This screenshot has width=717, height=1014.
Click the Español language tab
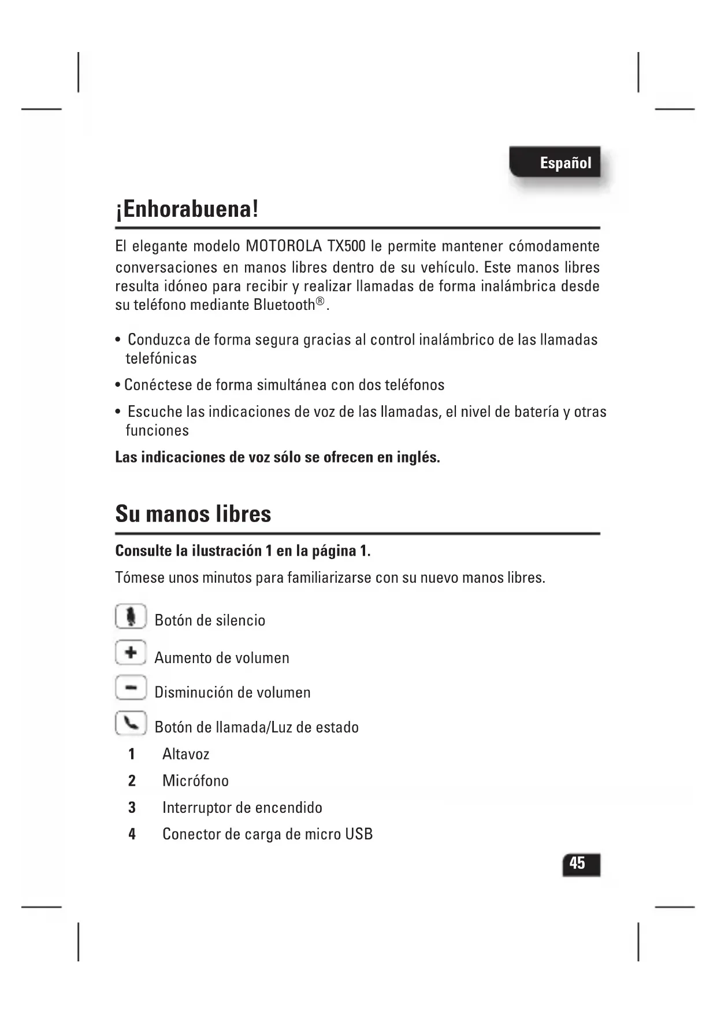(x=565, y=162)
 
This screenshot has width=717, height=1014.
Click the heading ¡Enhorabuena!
(x=187, y=209)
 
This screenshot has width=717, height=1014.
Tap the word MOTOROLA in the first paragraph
(x=284, y=246)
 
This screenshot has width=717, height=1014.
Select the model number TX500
(x=346, y=246)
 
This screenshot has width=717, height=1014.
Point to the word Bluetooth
(x=284, y=305)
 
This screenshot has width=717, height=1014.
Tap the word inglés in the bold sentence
(x=418, y=457)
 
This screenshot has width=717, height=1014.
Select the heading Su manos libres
(x=193, y=514)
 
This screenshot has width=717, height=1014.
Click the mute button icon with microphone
(x=131, y=617)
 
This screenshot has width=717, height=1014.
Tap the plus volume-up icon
(x=131, y=653)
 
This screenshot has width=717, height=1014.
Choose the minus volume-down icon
(x=131, y=688)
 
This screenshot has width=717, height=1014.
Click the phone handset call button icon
(x=131, y=723)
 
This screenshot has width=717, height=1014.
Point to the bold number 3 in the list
(x=132, y=808)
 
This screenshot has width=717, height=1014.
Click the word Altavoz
(x=185, y=754)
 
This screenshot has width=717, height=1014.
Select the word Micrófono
(x=195, y=781)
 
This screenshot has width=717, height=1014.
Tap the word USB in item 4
(x=359, y=834)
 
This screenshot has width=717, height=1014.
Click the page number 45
(x=578, y=864)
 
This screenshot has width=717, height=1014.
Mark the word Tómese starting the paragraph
(x=139, y=578)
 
